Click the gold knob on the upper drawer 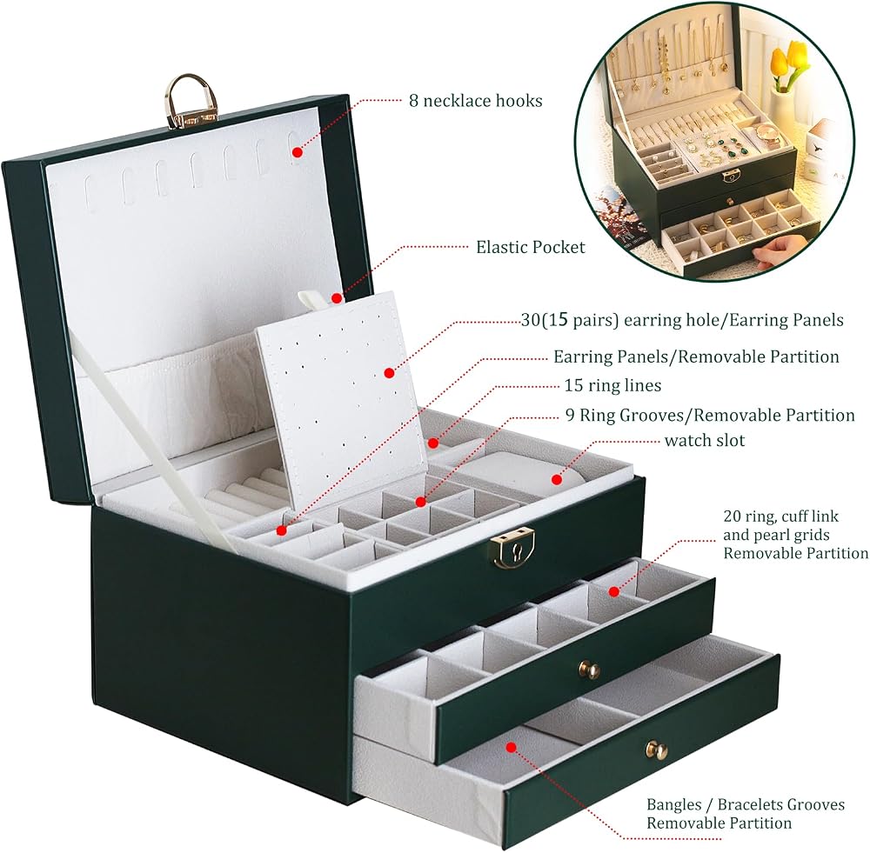coord(589,670)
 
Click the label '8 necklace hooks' coord(476,101)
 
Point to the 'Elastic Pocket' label coord(531,247)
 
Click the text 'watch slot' coord(704,440)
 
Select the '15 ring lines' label coord(612,385)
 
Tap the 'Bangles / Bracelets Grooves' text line coord(746,805)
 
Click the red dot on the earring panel coord(389,373)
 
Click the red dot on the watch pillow coord(556,478)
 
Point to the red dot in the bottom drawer coord(511,747)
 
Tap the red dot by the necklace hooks coord(297,151)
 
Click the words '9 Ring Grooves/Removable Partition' coord(710,415)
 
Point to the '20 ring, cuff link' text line coord(780,516)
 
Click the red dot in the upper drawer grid coord(613,592)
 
